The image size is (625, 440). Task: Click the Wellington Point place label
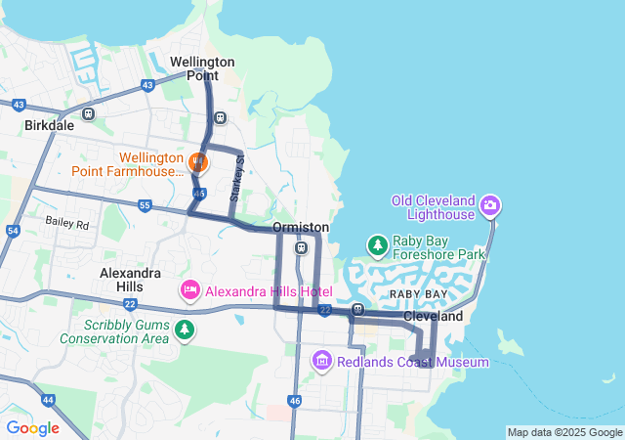[202, 68]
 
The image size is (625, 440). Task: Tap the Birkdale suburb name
[50, 126]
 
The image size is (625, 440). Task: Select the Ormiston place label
[301, 227]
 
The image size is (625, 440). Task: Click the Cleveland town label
[433, 317]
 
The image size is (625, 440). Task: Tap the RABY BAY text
[418, 293]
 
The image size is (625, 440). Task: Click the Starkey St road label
[235, 178]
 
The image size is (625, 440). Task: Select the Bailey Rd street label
[66, 223]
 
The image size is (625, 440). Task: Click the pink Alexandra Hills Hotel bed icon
[189, 290]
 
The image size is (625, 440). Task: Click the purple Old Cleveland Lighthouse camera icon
[489, 206]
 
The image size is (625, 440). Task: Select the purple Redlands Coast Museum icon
[322, 362]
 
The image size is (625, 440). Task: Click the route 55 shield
[145, 205]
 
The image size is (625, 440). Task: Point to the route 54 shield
[12, 231]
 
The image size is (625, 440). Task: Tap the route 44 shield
[48, 400]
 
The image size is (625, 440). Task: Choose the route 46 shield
[295, 400]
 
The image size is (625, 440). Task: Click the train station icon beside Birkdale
[89, 113]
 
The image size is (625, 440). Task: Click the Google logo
[32, 427]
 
